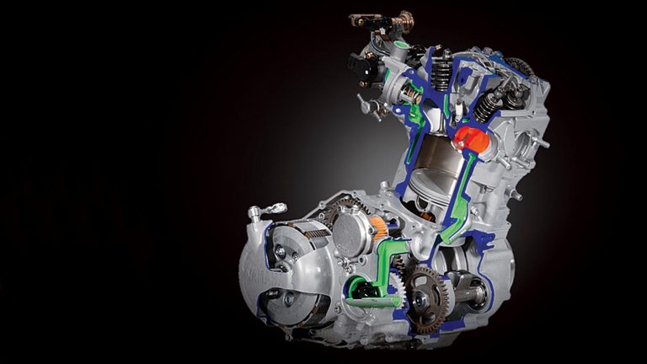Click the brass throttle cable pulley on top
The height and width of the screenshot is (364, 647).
[409, 19]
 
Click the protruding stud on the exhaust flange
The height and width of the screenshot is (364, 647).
[538, 143]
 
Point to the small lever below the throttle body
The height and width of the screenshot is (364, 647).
[366, 105]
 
